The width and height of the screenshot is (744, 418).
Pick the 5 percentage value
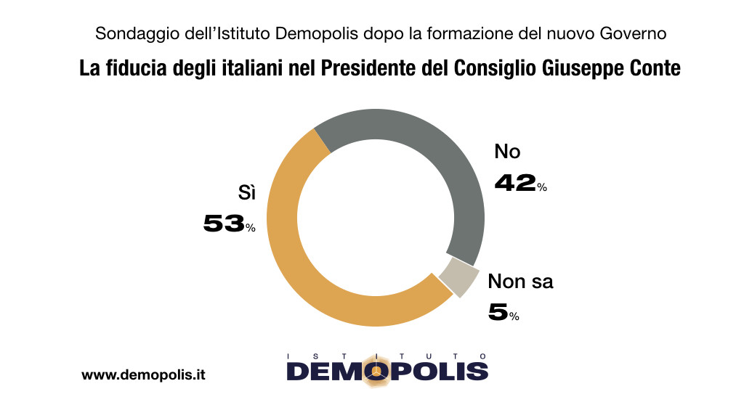click(x=498, y=313)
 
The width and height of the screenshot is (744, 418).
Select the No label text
click(x=507, y=152)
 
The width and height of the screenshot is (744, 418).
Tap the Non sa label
click(x=520, y=282)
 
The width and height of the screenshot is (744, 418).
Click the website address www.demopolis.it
click(x=143, y=375)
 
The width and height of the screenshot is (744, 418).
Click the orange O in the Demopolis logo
click(x=376, y=371)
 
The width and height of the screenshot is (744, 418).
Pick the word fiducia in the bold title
click(x=140, y=69)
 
